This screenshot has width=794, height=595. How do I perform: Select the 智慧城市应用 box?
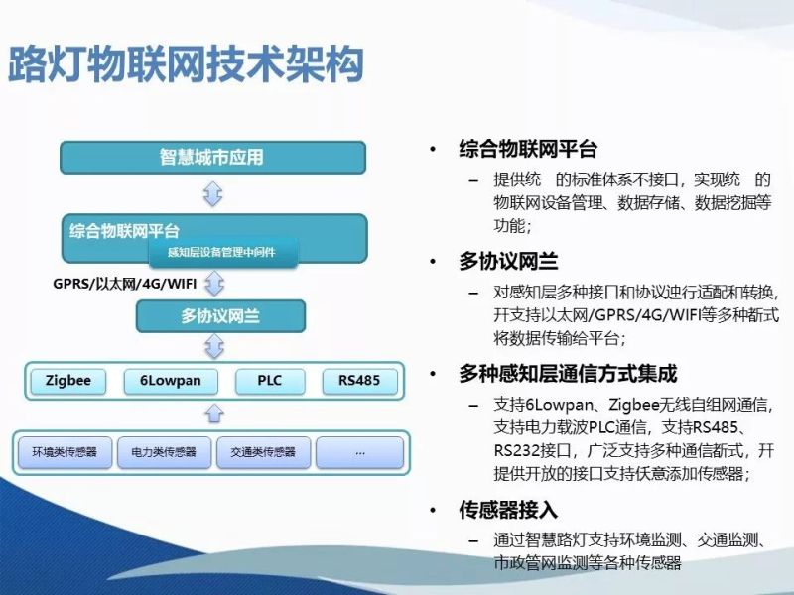[212, 158]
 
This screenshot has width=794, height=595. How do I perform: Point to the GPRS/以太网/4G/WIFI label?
[125, 285]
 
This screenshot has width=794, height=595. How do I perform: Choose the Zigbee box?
[68, 381]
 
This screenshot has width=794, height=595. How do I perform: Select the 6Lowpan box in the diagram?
[164, 381]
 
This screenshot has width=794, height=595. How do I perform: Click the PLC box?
[269, 381]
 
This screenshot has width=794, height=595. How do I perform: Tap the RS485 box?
[358, 381]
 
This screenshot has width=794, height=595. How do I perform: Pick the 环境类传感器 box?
[65, 452]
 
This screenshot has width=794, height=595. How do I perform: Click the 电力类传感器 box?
[164, 452]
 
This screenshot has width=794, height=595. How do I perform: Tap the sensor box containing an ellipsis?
[359, 452]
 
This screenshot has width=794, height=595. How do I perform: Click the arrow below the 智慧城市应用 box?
[212, 193]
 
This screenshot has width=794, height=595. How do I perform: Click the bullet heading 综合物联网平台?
[527, 150]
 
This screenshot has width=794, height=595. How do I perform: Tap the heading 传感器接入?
[507, 510]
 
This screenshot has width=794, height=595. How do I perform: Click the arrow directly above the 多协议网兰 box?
[212, 287]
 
